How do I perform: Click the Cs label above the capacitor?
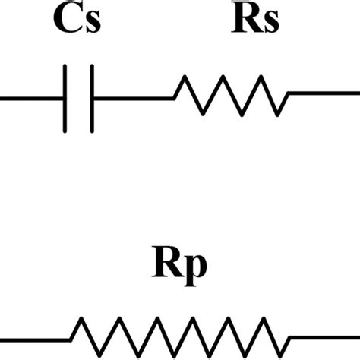click(x=77, y=24)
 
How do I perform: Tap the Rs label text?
click(x=255, y=24)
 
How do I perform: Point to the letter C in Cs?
click(x=68, y=24)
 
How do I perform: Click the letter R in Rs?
click(x=245, y=24)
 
